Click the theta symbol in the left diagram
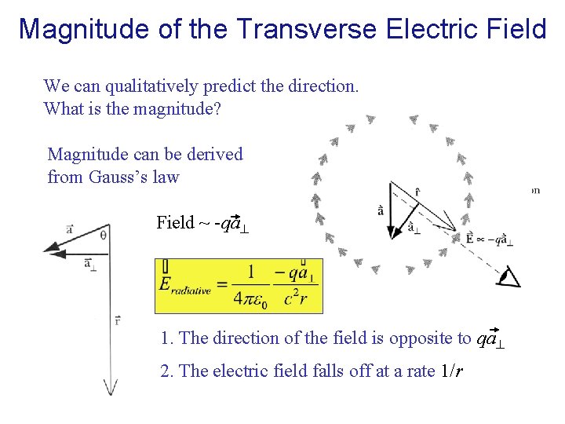104,233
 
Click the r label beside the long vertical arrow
117,320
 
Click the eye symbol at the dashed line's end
511,277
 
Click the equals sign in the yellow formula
222,287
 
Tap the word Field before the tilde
175,223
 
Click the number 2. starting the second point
166,371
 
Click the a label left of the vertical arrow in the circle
381,210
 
